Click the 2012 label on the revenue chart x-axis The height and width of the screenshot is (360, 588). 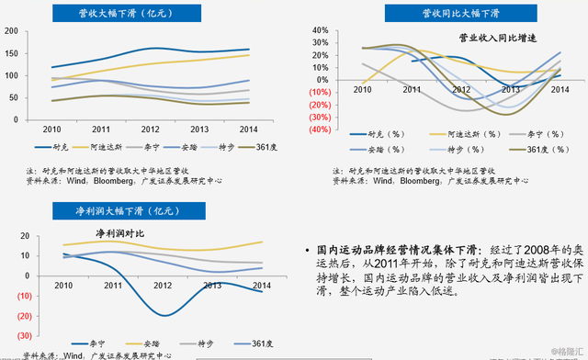click(x=150, y=129)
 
